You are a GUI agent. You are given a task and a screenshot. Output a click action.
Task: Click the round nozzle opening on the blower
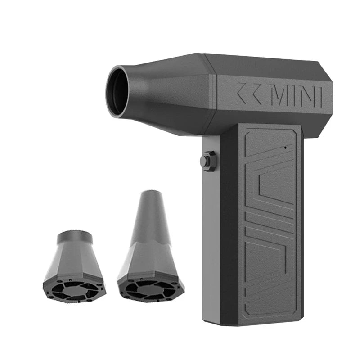pyautogui.click(x=118, y=92)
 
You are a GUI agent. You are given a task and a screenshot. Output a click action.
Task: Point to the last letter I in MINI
pyautogui.click(x=320, y=97)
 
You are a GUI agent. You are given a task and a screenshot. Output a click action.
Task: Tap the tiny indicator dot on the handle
pyautogui.click(x=285, y=147)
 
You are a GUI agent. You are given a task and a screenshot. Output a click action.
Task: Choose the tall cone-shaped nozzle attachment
pyautogui.click(x=149, y=243)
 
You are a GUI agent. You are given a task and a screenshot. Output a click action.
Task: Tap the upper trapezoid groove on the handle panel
pyautogui.click(x=265, y=175)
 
